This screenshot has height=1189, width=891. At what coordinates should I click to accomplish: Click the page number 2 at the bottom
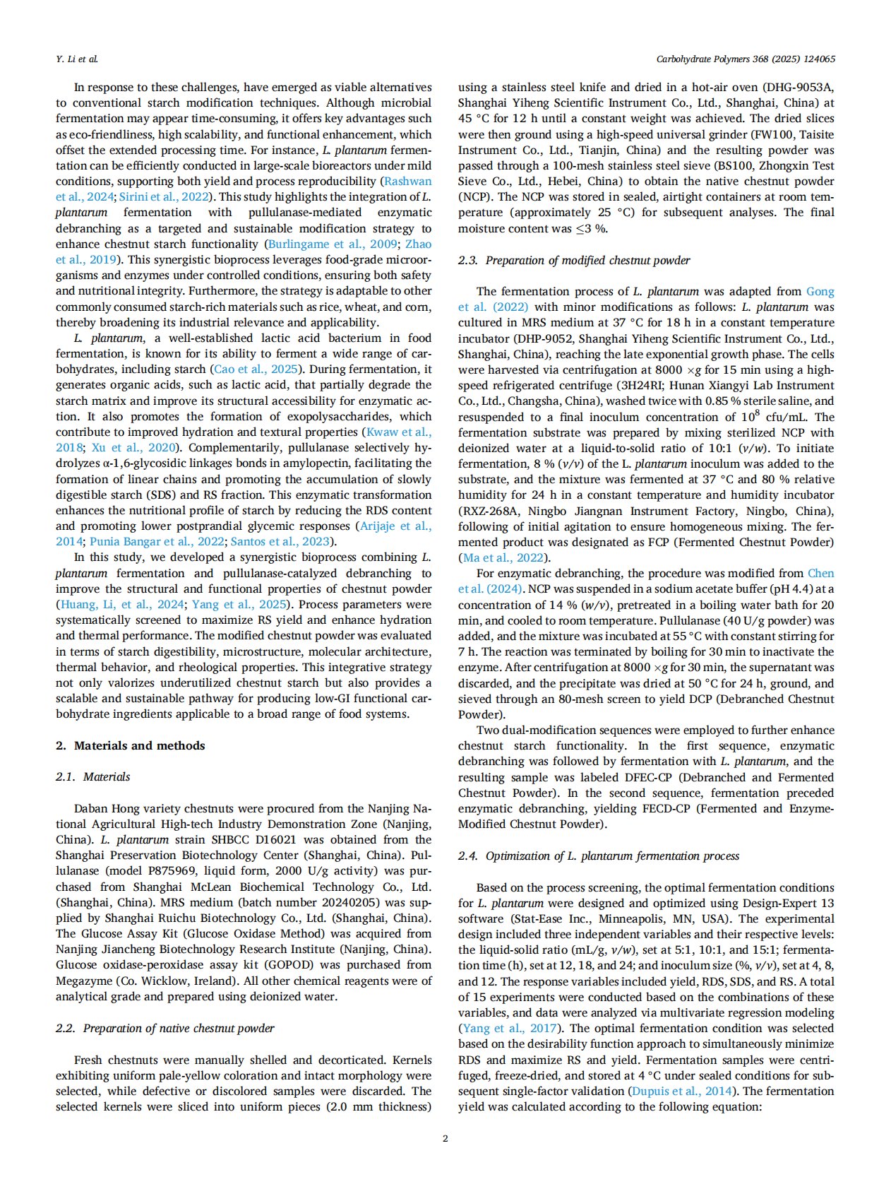[x=445, y=1138]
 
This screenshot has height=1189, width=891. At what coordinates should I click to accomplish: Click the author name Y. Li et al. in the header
[x=77, y=59]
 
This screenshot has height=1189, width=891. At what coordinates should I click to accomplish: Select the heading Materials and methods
[x=139, y=745]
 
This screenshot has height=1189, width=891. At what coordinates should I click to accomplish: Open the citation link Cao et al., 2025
[x=256, y=369]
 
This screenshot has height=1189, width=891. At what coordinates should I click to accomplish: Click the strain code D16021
[x=272, y=839]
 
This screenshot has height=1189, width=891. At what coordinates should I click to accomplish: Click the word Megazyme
[x=82, y=981]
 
